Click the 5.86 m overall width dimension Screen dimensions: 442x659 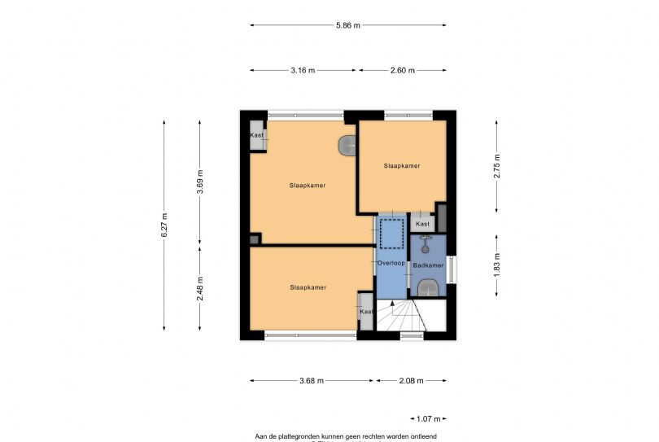pyautogui.click(x=348, y=26)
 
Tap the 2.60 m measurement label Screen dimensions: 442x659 pyautogui.click(x=402, y=71)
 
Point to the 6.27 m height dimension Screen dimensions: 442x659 pyautogui.click(x=164, y=225)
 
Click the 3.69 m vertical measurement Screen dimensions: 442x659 pyautogui.click(x=200, y=181)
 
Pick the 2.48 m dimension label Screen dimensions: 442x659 pyautogui.click(x=200, y=288)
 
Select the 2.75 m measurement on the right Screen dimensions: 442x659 pyautogui.click(x=497, y=165)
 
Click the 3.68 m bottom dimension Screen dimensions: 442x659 pyautogui.click(x=311, y=380)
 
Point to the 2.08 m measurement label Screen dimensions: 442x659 pyautogui.click(x=411, y=380)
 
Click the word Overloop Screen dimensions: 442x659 pyautogui.click(x=391, y=264)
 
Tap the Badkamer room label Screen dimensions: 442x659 pyautogui.click(x=428, y=265)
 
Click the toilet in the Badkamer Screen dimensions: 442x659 pyautogui.click(x=429, y=287)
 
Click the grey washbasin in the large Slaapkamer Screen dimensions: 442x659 pyautogui.click(x=347, y=145)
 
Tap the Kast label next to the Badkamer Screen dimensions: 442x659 pyautogui.click(x=422, y=224)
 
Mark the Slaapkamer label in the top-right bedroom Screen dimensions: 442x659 pyautogui.click(x=402, y=166)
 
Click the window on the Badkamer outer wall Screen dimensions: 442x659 pyautogui.click(x=452, y=269)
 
